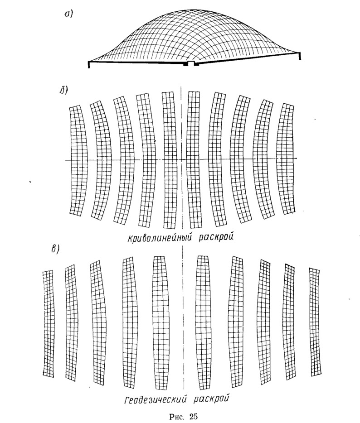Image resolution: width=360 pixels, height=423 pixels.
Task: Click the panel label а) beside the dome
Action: click(x=68, y=14)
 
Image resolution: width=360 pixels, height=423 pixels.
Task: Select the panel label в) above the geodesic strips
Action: click(x=55, y=249)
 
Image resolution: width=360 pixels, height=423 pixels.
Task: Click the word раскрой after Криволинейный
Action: click(x=216, y=238)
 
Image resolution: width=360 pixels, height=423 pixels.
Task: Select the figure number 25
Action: click(x=193, y=416)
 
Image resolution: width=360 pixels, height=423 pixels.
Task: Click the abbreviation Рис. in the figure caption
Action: click(x=177, y=417)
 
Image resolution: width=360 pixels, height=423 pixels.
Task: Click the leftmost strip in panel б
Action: click(x=78, y=160)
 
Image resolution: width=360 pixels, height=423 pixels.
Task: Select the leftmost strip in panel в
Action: click(x=48, y=324)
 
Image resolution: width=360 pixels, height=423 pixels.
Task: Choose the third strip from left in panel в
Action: click(x=98, y=322)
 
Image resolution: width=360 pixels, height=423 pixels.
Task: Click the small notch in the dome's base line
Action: click(x=191, y=64)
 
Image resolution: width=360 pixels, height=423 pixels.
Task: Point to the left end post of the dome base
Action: click(x=89, y=65)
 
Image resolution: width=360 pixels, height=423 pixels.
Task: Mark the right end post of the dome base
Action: click(x=300, y=56)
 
